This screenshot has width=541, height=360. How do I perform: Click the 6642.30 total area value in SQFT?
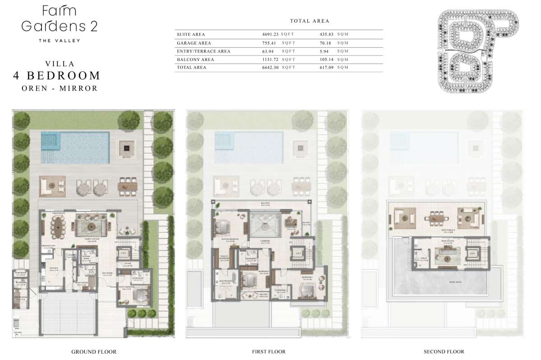272,67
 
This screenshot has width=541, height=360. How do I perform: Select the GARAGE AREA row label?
192,43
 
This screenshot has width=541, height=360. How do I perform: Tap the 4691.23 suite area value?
271,34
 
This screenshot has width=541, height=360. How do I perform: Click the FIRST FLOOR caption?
269,351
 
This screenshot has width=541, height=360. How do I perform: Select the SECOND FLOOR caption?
444,351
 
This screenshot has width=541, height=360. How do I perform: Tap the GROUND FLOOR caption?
94,351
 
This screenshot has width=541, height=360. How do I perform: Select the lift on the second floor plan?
472,254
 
